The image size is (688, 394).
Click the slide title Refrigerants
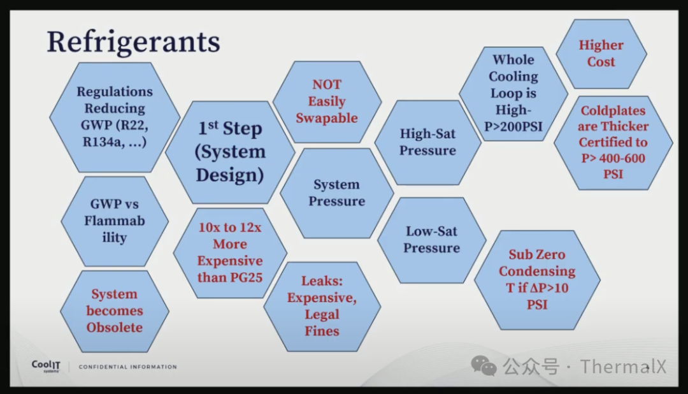pyautogui.click(x=133, y=41)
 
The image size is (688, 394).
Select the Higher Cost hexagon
pyautogui.click(x=601, y=54)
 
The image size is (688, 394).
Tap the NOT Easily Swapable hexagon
pyautogui.click(x=327, y=101)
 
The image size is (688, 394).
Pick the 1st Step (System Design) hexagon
pyautogui.click(x=231, y=152)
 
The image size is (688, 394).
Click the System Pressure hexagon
pyautogui.click(x=336, y=193)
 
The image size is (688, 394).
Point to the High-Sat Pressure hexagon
pyautogui.click(x=428, y=142)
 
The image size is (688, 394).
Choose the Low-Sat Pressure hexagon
pyautogui.click(x=432, y=240)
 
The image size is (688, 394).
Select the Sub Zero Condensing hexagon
pyautogui.click(x=537, y=280)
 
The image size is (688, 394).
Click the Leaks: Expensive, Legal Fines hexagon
pyautogui.click(x=322, y=306)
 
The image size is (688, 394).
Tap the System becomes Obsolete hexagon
pyautogui.click(x=115, y=311)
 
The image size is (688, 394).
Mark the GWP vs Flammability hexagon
pyautogui.click(x=115, y=221)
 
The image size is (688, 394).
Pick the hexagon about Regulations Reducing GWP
pyautogui.click(x=115, y=117)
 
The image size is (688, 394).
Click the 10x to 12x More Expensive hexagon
pyautogui.click(x=230, y=252)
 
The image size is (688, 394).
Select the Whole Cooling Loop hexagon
pyautogui.click(x=513, y=94)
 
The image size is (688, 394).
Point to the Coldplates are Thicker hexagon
pyautogui.click(x=613, y=143)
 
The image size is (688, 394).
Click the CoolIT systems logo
pyautogui.click(x=46, y=367)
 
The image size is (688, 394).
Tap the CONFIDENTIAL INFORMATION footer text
pyautogui.click(x=127, y=367)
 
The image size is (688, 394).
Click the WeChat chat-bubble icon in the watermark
pyautogui.click(x=484, y=366)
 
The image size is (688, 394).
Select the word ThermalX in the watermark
pyautogui.click(x=623, y=367)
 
